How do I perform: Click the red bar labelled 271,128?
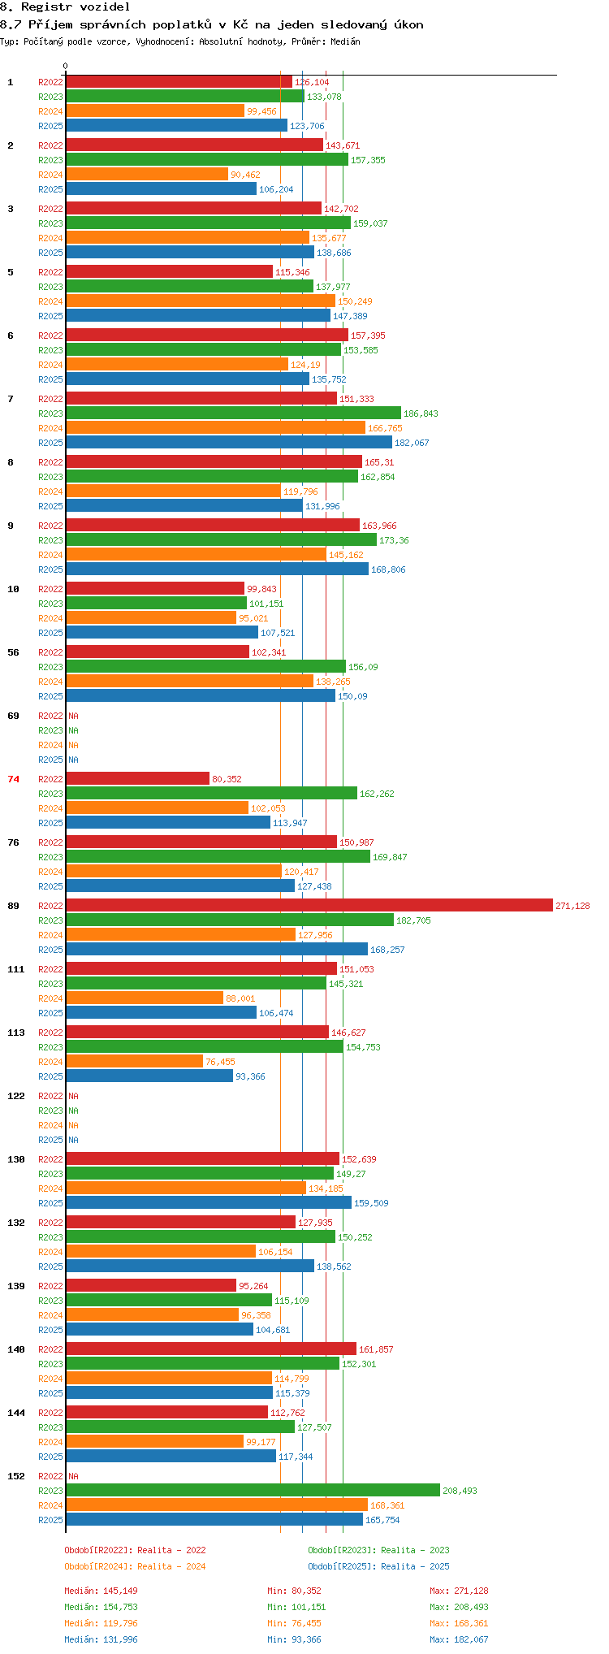tap(309, 905)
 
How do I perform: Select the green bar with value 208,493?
tap(253, 1490)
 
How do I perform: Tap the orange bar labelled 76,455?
tap(134, 1061)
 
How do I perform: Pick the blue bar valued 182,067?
tap(229, 442)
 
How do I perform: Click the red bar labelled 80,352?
tap(137, 778)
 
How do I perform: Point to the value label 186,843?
tap(421, 413)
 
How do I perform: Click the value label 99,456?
tap(261, 111)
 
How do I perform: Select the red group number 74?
tap(14, 779)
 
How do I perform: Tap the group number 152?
tap(16, 1476)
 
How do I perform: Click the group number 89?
tap(14, 906)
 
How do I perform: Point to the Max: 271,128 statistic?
tap(459, 1591)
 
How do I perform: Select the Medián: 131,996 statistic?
tap(101, 1639)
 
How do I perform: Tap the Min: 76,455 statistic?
tap(294, 1623)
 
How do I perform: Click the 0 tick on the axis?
tap(66, 66)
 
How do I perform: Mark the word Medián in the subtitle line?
tap(345, 41)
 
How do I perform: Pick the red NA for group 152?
tap(73, 1476)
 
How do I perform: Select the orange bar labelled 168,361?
tap(217, 1505)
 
